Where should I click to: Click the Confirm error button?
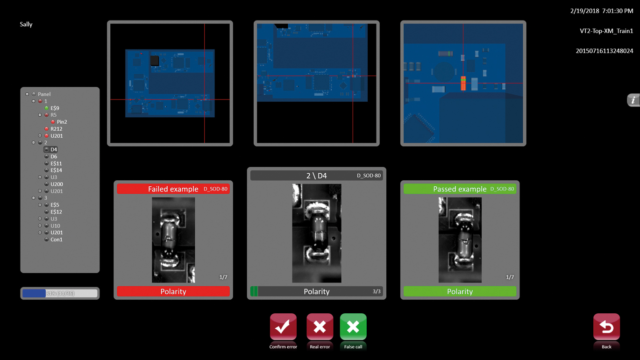pyautogui.click(x=283, y=327)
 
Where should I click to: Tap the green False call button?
pyautogui.click(x=353, y=327)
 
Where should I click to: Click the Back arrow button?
pyautogui.click(x=606, y=327)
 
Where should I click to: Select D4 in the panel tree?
pyautogui.click(x=54, y=149)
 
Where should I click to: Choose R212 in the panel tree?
pyautogui.click(x=56, y=129)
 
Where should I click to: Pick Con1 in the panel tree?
pyautogui.click(x=56, y=240)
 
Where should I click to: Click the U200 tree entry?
pyautogui.click(x=57, y=184)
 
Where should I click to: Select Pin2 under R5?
pyautogui.click(x=62, y=122)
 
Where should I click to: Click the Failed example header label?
pyautogui.click(x=173, y=189)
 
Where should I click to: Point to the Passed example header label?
pyautogui.click(x=460, y=189)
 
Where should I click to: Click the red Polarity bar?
pyautogui.click(x=173, y=291)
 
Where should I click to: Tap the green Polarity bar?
pyautogui.click(x=460, y=291)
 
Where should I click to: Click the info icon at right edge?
pyautogui.click(x=633, y=100)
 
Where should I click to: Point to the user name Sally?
pyautogui.click(x=26, y=24)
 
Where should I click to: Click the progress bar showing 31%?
pyautogui.click(x=60, y=293)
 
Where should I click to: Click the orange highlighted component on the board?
pyautogui.click(x=463, y=83)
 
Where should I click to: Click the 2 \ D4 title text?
pyautogui.click(x=316, y=176)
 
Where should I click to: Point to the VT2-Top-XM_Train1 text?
pyautogui.click(x=606, y=31)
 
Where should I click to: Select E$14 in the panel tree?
pyautogui.click(x=56, y=170)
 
